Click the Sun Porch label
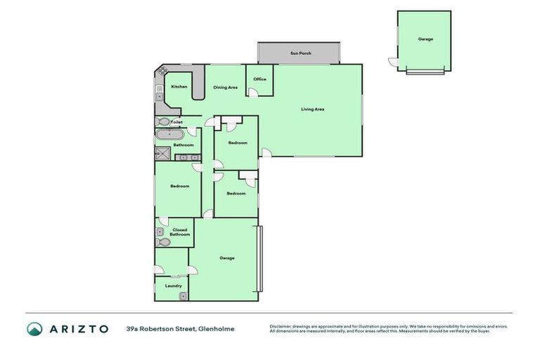[300, 53]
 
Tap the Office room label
[259, 79]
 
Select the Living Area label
[312, 109]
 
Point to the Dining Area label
[225, 87]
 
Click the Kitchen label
[179, 86]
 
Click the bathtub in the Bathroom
[169, 134]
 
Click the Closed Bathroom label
[179, 232]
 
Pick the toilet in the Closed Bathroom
[163, 242]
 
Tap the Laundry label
[173, 285]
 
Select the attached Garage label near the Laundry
[226, 258]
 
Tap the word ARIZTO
[78, 328]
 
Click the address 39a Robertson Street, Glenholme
[180, 328]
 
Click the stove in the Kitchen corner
[161, 70]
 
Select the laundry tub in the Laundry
[183, 295]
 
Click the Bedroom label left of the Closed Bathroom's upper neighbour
[179, 186]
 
